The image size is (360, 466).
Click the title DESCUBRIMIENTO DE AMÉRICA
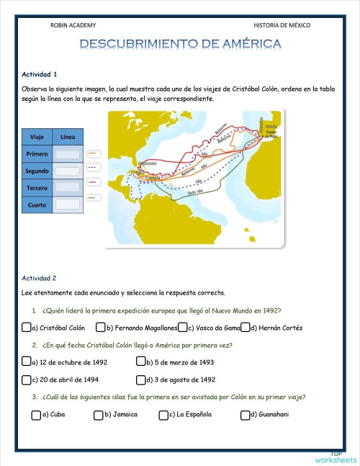click(x=180, y=45)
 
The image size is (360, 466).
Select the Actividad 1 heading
click(x=40, y=74)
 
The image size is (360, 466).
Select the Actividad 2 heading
click(x=40, y=277)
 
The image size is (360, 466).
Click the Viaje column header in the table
click(x=37, y=137)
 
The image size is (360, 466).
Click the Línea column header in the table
click(x=68, y=137)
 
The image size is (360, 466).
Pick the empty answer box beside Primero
click(x=68, y=154)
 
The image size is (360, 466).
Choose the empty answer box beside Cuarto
click(x=68, y=205)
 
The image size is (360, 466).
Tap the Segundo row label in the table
click(x=37, y=171)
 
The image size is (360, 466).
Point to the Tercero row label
click(x=37, y=188)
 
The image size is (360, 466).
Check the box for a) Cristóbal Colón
click(x=26, y=328)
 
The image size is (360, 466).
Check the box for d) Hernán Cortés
click(x=246, y=328)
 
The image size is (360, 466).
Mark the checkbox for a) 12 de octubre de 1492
click(x=26, y=362)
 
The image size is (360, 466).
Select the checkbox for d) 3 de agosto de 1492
click(x=140, y=379)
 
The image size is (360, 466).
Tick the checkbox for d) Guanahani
click(x=245, y=414)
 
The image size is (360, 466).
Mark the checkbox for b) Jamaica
click(x=98, y=414)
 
